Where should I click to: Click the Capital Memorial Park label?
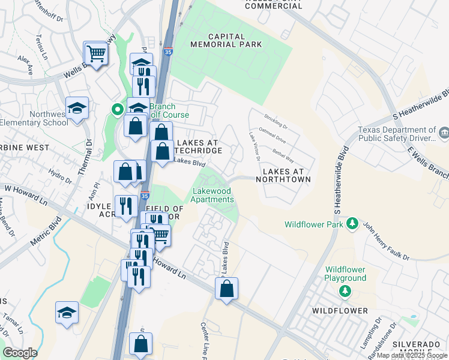226,39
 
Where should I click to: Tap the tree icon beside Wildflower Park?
353,224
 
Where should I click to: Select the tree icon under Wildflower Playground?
345,291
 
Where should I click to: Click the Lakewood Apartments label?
212,196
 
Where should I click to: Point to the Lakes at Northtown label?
287,175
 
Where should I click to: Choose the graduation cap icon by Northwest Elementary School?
77,108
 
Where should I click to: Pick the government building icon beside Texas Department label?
444,132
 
